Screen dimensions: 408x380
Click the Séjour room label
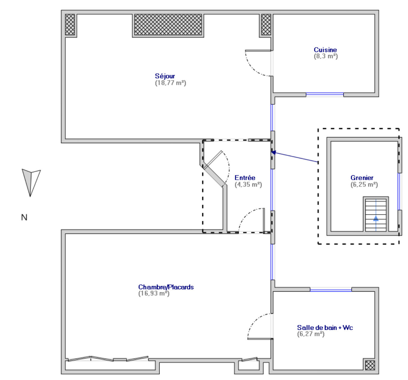(x=165, y=76)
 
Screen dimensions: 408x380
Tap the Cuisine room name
(x=325, y=50)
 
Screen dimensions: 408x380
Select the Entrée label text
(x=245, y=178)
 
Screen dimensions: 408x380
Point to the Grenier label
(x=362, y=178)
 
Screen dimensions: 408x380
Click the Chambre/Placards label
(x=166, y=287)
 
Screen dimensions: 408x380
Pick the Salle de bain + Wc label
(x=325, y=327)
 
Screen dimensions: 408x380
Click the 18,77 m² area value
(x=171, y=83)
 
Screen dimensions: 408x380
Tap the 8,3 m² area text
(x=326, y=56)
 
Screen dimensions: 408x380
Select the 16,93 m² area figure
(x=154, y=293)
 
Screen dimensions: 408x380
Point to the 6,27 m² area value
(x=311, y=334)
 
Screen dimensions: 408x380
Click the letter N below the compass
(x=24, y=217)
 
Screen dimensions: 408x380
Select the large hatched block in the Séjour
(x=168, y=25)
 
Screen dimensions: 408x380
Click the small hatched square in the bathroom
(x=370, y=365)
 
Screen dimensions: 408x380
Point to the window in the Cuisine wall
(x=324, y=95)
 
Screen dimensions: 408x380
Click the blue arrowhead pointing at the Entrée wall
(x=274, y=152)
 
